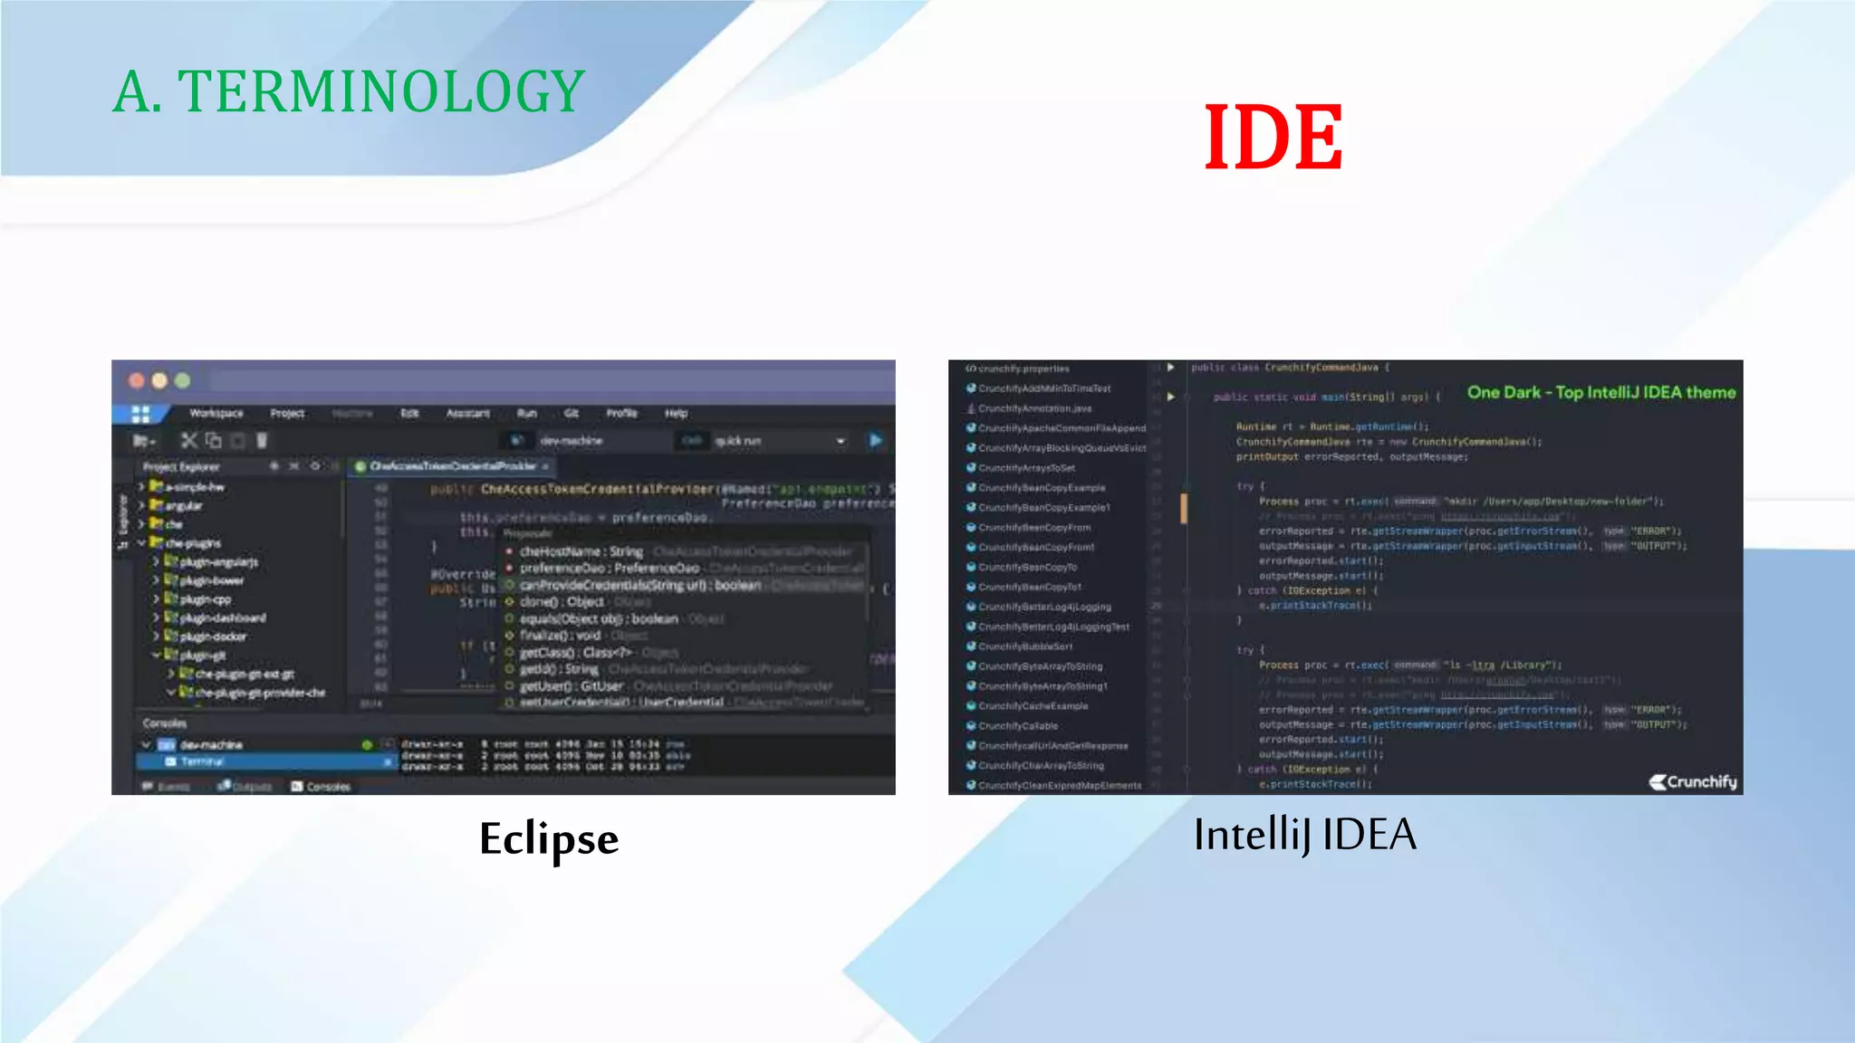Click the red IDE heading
(x=1273, y=138)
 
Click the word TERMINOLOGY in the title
(x=381, y=91)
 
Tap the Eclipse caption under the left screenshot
(x=549, y=838)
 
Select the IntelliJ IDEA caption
(x=1304, y=834)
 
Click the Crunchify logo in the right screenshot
(x=1693, y=781)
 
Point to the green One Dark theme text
(x=1600, y=392)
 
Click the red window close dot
(x=137, y=380)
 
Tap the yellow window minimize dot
(x=159, y=380)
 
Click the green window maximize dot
(x=182, y=380)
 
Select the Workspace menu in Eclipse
(x=216, y=413)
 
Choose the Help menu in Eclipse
(x=676, y=413)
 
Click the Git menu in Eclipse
(x=572, y=413)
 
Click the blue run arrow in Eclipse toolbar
(x=875, y=440)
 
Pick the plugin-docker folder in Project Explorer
(x=212, y=636)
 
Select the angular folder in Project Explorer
(x=183, y=506)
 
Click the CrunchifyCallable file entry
(x=1017, y=726)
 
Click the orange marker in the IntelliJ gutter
(x=1183, y=508)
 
